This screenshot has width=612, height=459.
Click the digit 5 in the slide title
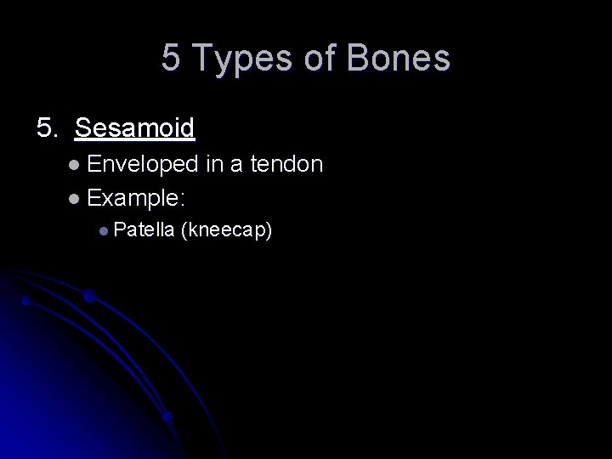[172, 59]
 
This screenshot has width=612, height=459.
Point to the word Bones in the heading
[399, 59]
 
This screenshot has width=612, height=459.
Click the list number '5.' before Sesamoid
[48, 128]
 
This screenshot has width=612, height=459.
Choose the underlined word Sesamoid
[135, 128]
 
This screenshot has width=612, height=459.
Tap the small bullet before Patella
[102, 230]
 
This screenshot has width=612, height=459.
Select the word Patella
[144, 229]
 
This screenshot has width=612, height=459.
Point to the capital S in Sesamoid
[83, 128]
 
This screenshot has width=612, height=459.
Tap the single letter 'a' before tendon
[239, 165]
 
